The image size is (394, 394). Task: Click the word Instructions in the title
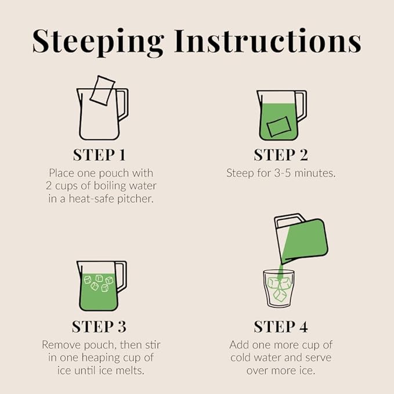[x=268, y=41]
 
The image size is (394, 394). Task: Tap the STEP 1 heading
[x=99, y=155]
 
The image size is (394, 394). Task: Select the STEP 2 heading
[x=281, y=155]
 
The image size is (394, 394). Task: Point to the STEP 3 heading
[x=99, y=327]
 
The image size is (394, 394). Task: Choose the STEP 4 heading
[x=281, y=327]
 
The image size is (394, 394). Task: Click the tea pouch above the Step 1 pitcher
[x=102, y=90]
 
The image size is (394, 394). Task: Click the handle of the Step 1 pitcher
[x=123, y=104]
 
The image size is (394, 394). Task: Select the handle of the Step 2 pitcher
[x=301, y=106]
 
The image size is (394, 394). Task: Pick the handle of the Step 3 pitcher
[x=122, y=276]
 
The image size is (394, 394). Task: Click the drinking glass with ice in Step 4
[x=279, y=289]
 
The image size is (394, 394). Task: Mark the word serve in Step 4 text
[x=318, y=358]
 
